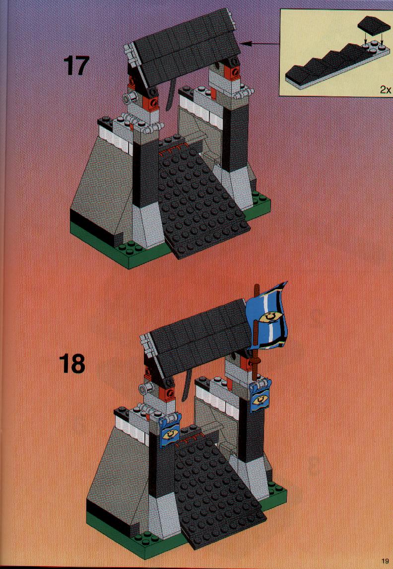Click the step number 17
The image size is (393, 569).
click(76, 65)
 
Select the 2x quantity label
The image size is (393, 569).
click(386, 89)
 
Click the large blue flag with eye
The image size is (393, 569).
click(267, 316)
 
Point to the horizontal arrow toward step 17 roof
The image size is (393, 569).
click(260, 44)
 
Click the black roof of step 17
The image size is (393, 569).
click(185, 47)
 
